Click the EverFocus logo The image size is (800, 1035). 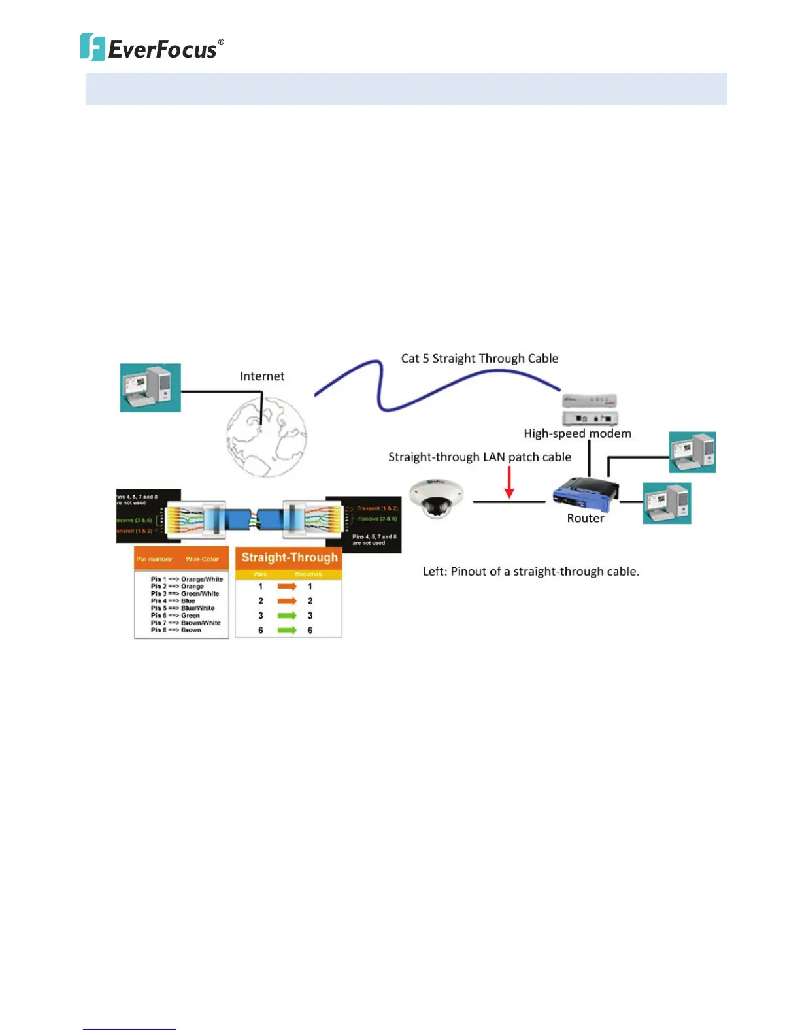coord(152,48)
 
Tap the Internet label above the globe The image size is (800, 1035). coord(262,376)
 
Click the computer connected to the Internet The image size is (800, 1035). coord(150,387)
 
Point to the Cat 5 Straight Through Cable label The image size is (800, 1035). coord(480,359)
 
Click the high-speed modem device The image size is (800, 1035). coord(590,409)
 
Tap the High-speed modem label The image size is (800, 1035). coord(577,434)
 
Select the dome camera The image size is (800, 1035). coord(436,498)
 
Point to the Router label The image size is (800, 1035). coord(585,519)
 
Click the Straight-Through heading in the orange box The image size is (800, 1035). coord(290,557)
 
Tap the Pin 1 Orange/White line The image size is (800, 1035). coord(186,579)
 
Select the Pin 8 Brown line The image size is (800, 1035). coord(176,630)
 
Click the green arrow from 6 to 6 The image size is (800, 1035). coord(286,631)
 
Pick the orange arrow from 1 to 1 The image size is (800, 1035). coord(286,587)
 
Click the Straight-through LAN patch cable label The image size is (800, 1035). coord(479,457)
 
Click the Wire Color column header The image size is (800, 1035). coord(202,559)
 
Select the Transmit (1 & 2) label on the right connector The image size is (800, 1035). coord(377,508)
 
